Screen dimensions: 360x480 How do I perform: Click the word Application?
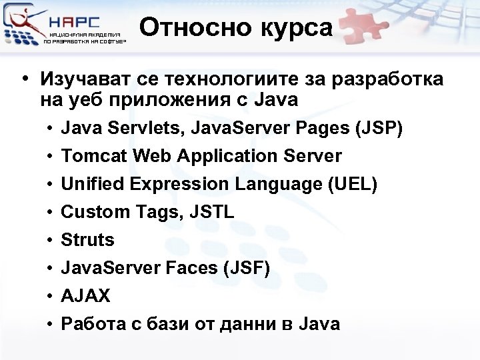point(217,157)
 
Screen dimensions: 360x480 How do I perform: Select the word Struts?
point(87,240)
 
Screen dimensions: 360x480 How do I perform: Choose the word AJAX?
point(86,296)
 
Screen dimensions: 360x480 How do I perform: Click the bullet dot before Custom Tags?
point(51,213)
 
